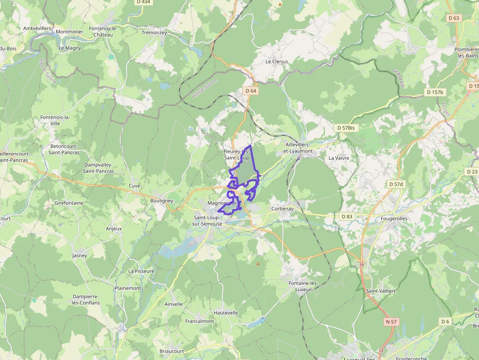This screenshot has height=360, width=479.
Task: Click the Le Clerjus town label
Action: click(x=277, y=62)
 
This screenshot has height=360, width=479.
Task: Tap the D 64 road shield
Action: click(x=251, y=91)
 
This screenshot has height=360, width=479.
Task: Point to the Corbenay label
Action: click(x=283, y=209)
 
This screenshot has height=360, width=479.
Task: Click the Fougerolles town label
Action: click(x=394, y=219)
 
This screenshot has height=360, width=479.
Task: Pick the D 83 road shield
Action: click(x=347, y=216)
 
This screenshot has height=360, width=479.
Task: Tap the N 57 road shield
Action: click(x=391, y=321)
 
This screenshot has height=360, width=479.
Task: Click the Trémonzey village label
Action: click(x=154, y=33)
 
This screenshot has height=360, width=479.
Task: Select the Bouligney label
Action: click(x=162, y=201)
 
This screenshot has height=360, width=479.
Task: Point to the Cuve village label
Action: click(x=134, y=186)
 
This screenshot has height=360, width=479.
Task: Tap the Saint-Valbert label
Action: click(x=381, y=291)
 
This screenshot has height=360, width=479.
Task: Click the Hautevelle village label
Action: click(x=226, y=313)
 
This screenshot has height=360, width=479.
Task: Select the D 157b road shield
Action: click(x=435, y=92)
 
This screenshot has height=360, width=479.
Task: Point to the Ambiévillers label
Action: click(x=37, y=28)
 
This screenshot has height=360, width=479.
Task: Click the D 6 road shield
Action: click(x=445, y=321)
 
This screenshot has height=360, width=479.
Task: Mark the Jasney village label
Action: click(x=79, y=255)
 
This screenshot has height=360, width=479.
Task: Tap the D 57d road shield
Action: click(x=396, y=184)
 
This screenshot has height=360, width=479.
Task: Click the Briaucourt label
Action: click(x=172, y=351)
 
